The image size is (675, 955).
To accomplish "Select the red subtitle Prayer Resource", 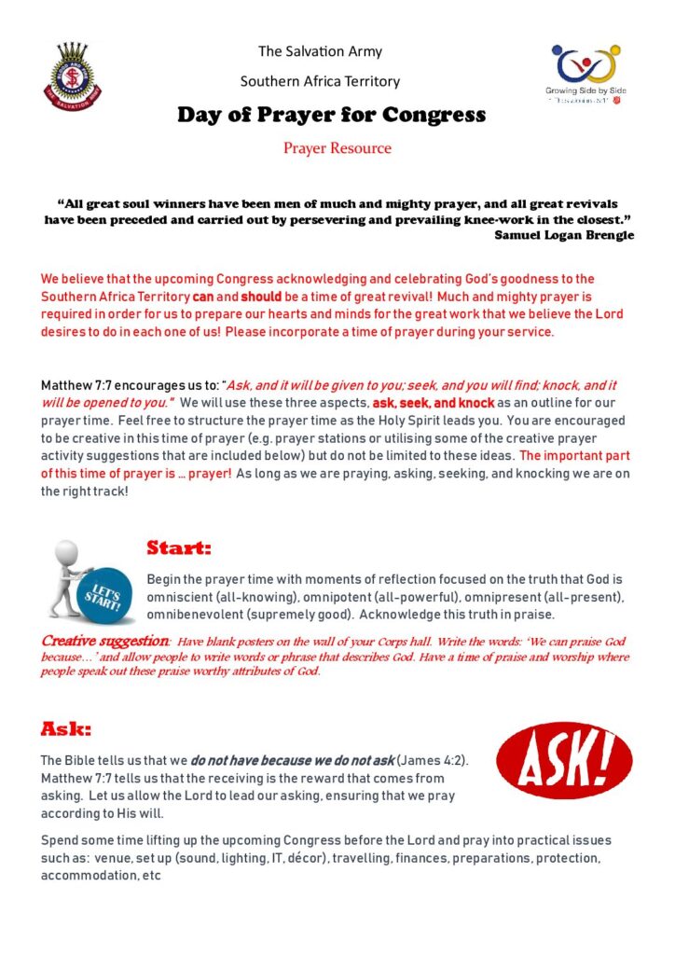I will coord(337,148).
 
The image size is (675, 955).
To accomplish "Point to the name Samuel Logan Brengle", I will coord(564,235).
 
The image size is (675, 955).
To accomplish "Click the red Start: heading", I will coord(179,547).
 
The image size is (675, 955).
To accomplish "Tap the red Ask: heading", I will coord(65,728).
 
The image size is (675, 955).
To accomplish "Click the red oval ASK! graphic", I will coord(564,761).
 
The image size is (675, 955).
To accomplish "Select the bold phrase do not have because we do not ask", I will coord(293,760).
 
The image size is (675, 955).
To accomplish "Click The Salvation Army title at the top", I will coord(320,51).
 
